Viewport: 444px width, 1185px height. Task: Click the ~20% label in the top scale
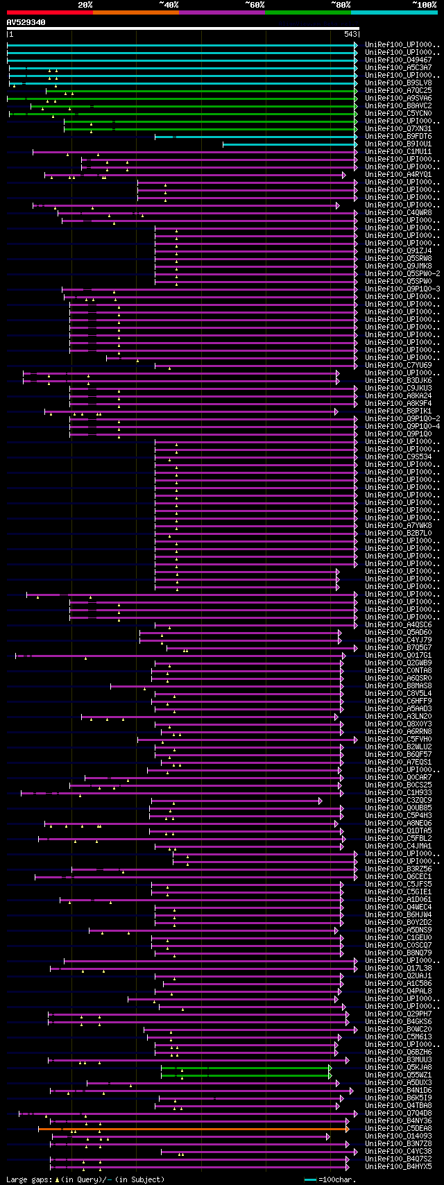[x=85, y=5]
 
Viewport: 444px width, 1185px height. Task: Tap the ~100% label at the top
[x=424, y=5]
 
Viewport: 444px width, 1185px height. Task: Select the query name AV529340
[x=26, y=22]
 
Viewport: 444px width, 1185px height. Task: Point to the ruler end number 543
[x=350, y=34]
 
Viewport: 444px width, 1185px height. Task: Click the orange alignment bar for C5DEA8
[x=194, y=1129]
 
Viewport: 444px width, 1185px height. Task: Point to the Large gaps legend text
[x=28, y=1179]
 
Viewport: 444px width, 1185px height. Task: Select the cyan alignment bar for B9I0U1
[x=289, y=144]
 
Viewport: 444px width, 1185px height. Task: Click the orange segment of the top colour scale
[x=135, y=12]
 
